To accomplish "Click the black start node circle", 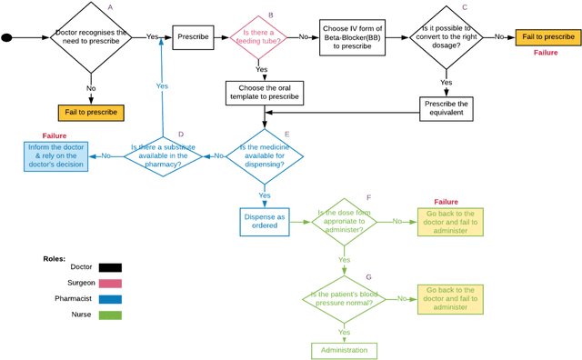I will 7,37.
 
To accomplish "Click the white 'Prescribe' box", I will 193,37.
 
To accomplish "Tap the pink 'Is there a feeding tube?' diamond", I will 258,37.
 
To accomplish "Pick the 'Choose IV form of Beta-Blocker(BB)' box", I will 350,37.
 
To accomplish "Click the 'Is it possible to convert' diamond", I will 446,37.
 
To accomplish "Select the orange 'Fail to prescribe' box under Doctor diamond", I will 90,114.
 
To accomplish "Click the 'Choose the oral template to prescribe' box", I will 264,93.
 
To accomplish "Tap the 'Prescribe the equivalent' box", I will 447,108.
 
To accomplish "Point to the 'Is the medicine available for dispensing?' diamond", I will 265,155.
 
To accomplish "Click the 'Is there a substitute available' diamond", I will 163,155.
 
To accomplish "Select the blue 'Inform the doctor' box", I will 55,155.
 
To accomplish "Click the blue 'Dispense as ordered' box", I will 265,221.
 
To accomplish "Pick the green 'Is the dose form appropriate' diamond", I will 344,221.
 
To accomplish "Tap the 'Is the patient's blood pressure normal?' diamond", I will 344,299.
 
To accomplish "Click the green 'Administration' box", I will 344,350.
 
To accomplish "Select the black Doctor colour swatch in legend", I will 110,268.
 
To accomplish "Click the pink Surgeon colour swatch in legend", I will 110,284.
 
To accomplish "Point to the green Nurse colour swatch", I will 110,315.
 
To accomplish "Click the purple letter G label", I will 367,275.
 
